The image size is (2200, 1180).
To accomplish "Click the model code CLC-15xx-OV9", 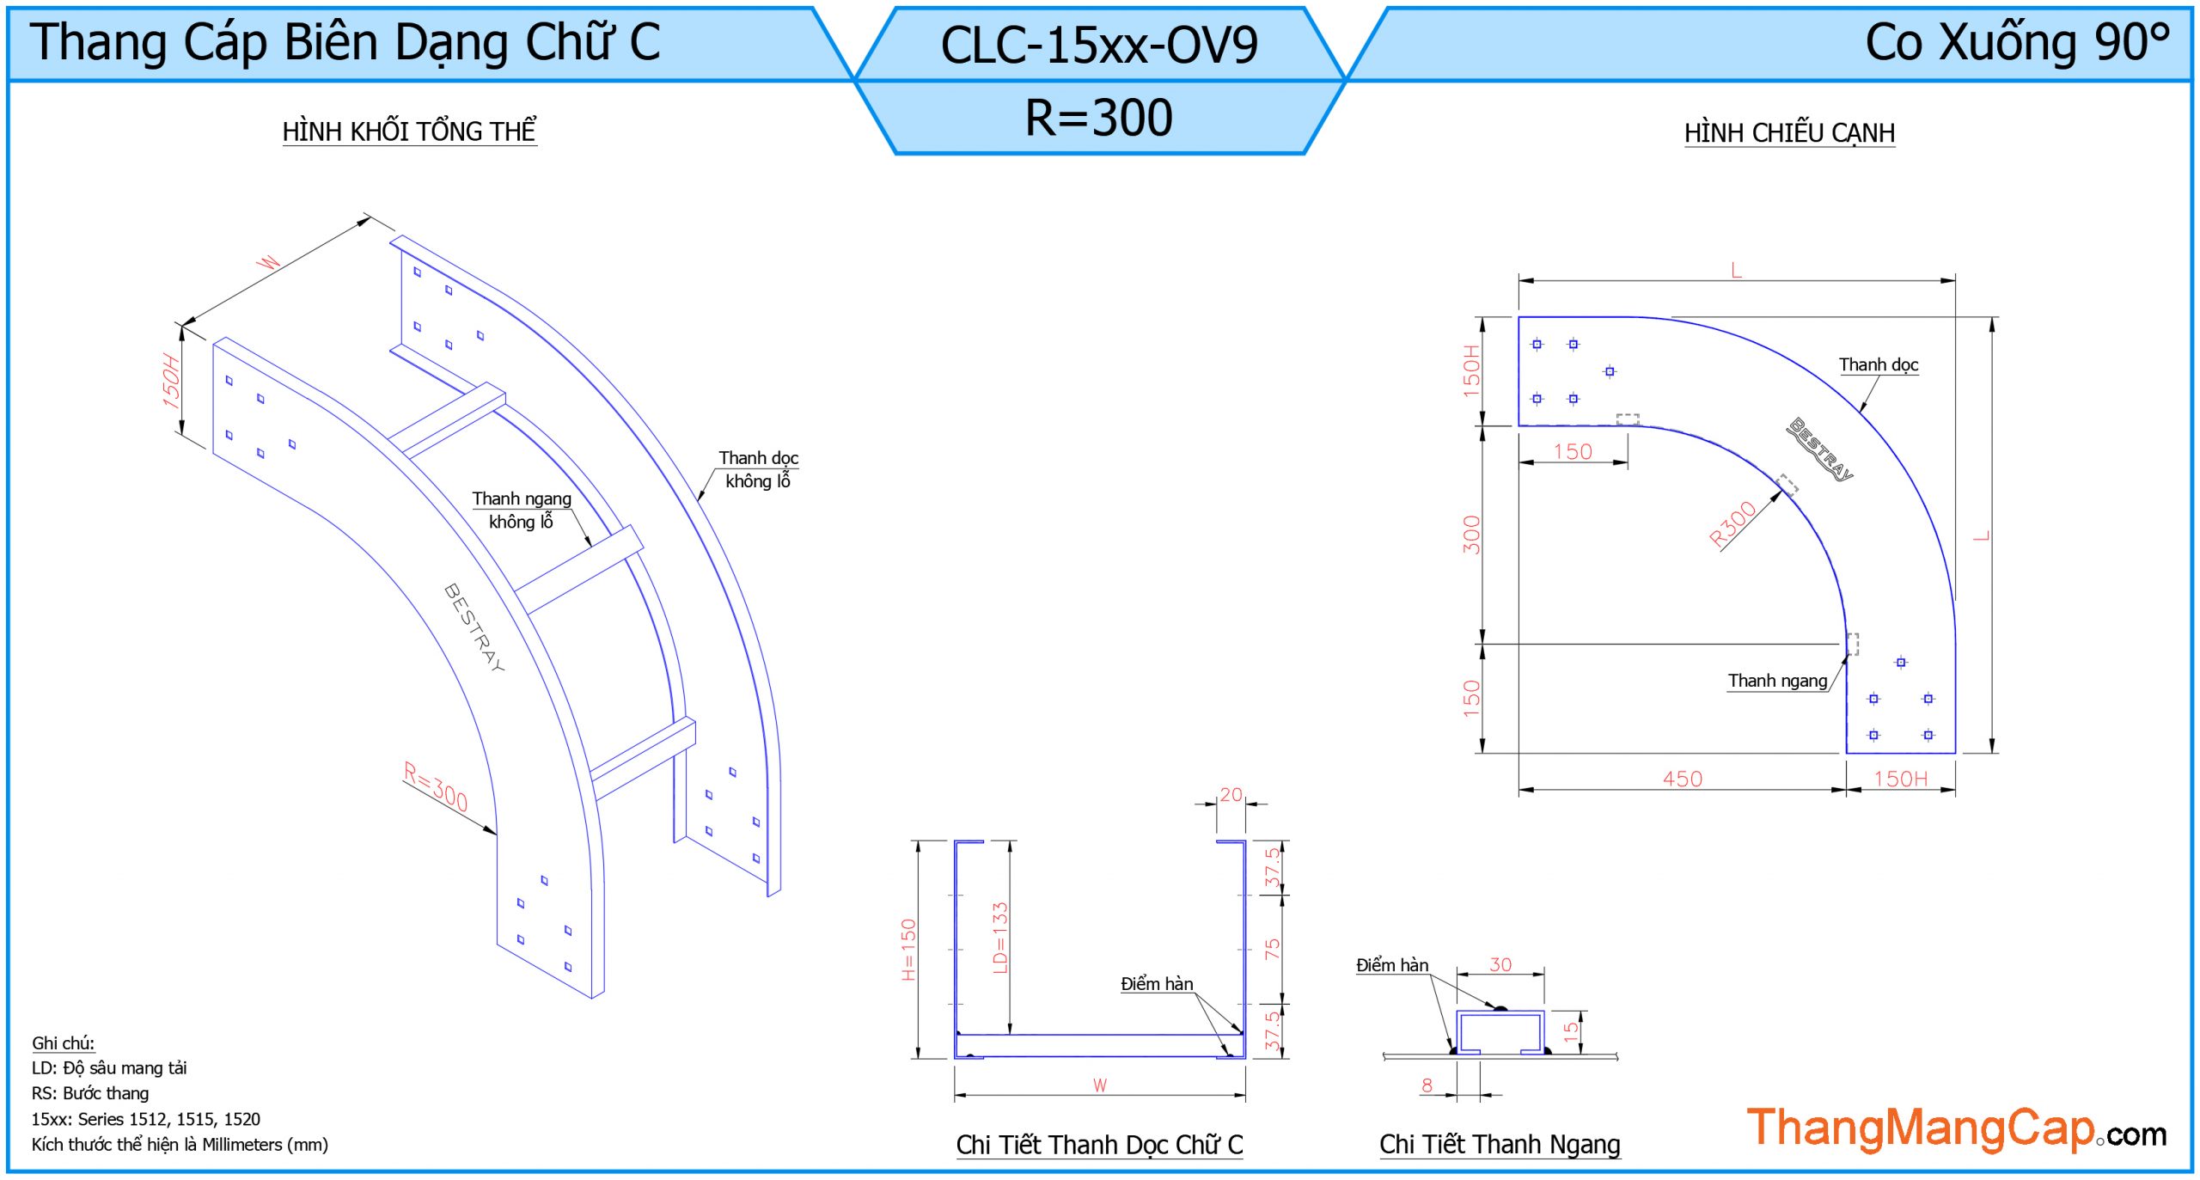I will tap(1098, 45).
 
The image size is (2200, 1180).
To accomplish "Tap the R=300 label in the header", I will tap(1098, 118).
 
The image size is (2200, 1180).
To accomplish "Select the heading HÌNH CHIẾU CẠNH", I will tap(1789, 133).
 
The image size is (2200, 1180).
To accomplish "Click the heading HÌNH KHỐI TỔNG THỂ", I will tap(409, 131).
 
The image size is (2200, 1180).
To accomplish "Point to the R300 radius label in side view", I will tap(1732, 523).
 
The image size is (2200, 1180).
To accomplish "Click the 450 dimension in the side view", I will tap(1682, 779).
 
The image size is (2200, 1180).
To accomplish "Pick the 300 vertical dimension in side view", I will tap(1472, 535).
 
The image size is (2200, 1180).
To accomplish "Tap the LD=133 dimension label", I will tap(999, 938).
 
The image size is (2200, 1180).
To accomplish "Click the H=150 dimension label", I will tap(908, 950).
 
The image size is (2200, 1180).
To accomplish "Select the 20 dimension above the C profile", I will tap(1231, 795).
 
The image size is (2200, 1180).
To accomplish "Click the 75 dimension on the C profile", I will tap(1272, 949).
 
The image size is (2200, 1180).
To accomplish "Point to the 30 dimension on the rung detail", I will tap(1500, 965).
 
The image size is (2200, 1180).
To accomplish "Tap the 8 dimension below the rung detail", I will tap(1427, 1085).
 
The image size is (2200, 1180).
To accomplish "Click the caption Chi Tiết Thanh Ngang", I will tap(1500, 1145).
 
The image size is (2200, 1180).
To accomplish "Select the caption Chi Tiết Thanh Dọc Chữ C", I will tap(1099, 1145).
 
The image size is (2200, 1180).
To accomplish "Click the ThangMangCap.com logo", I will tap(1956, 1128).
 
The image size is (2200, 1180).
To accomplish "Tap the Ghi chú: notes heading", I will tap(63, 1043).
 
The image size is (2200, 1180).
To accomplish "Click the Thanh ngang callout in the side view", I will tap(1777, 681).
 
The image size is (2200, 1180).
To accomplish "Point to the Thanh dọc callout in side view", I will tap(1878, 365).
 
